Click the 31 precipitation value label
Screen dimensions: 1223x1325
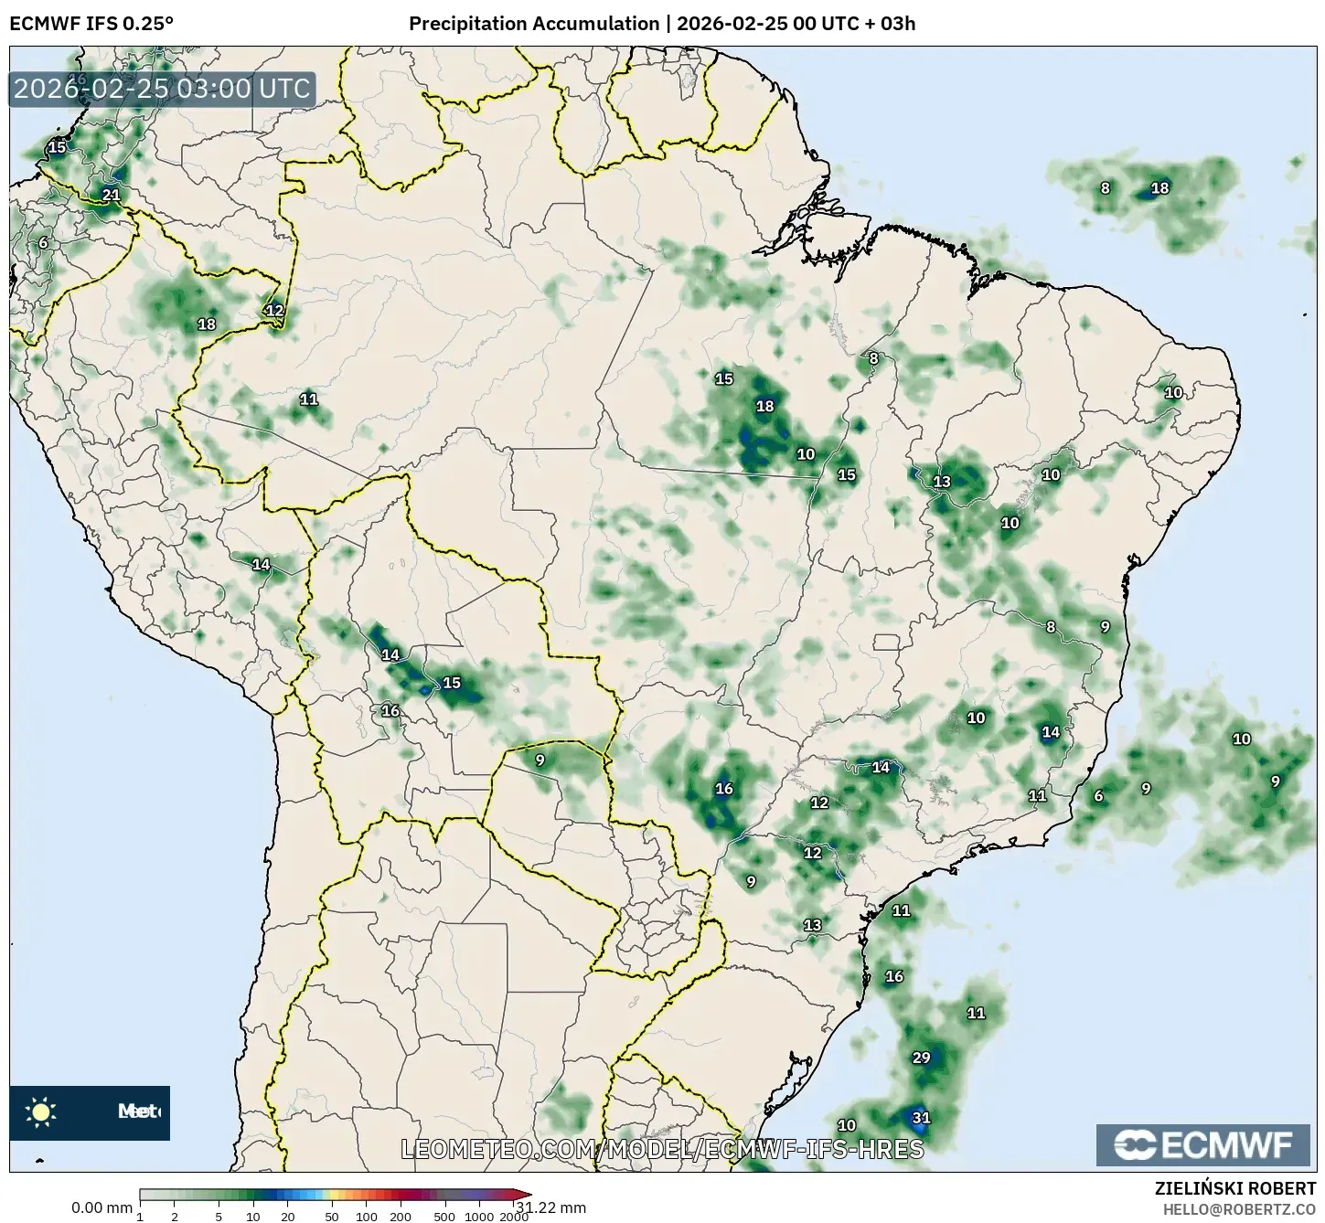pyautogui.click(x=921, y=1118)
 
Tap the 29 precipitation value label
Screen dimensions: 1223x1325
pyautogui.click(x=921, y=1058)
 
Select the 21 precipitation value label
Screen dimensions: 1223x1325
pyautogui.click(x=111, y=195)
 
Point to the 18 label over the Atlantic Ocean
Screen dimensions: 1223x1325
pyautogui.click(x=1159, y=188)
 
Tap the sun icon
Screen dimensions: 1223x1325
pyautogui.click(x=41, y=1111)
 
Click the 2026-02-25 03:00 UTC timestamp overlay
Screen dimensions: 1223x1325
pyautogui.click(x=163, y=90)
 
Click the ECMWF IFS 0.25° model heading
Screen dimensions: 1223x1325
pyautogui.click(x=91, y=24)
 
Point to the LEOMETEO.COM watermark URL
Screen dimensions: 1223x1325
pyautogui.click(x=662, y=1149)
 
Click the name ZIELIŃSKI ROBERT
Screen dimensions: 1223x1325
pyautogui.click(x=1235, y=1188)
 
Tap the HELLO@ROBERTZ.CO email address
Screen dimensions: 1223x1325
pyautogui.click(x=1239, y=1208)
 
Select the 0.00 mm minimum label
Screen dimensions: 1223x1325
pyautogui.click(x=102, y=1208)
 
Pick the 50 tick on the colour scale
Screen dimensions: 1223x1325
pyautogui.click(x=332, y=1217)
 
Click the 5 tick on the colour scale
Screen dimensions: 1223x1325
pyautogui.click(x=219, y=1217)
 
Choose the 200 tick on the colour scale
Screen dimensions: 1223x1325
pyautogui.click(x=401, y=1217)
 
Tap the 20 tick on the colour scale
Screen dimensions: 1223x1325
pyautogui.click(x=287, y=1217)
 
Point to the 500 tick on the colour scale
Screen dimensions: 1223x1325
pyautogui.click(x=445, y=1217)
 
